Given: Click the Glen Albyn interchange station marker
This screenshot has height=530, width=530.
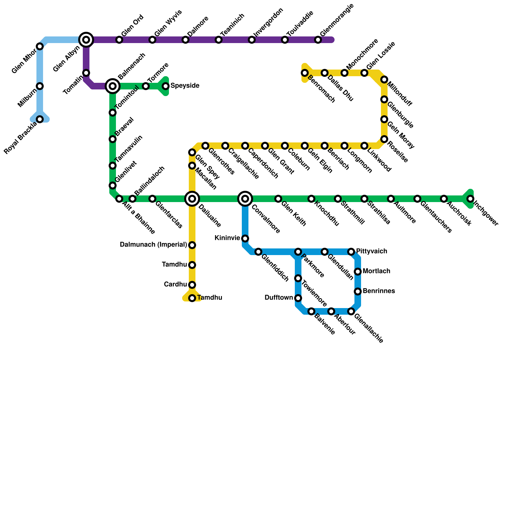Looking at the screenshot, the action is coord(86,40).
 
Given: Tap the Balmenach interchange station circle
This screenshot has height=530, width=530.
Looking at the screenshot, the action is coord(113,86).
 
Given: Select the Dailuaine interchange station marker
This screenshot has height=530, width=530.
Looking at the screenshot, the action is coord(192,199).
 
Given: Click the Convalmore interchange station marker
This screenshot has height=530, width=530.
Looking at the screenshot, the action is coord(245,199).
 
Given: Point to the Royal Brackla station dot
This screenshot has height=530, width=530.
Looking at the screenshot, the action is coord(40,119).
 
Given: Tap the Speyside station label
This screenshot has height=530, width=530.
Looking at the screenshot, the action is coord(185,86).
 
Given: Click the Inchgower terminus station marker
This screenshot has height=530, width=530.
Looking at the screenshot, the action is coord(470,199).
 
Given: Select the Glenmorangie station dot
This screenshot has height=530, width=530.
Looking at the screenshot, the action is coord(318,40).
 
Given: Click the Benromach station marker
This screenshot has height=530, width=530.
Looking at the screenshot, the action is coord(305,73).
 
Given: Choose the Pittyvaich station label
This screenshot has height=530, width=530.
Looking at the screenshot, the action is coord(372,251).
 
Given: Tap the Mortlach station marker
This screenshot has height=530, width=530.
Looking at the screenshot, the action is coord(358,272).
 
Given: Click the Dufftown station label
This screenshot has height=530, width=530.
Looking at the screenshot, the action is coord(279,298).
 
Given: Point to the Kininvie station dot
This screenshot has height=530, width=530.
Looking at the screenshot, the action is coord(245,238).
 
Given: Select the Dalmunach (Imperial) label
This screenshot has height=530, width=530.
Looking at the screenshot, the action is coord(153,245).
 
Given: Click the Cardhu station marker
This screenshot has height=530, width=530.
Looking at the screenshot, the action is coord(192,285).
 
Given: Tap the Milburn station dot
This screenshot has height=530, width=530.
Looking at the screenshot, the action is coord(40,86).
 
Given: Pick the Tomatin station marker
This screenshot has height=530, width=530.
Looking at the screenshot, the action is coord(86,73).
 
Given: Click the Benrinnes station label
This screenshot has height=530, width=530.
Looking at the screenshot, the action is coord(379,291).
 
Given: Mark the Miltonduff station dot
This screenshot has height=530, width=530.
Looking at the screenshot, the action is coord(384,79).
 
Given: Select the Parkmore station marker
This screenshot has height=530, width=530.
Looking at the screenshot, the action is coord(298,252).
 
